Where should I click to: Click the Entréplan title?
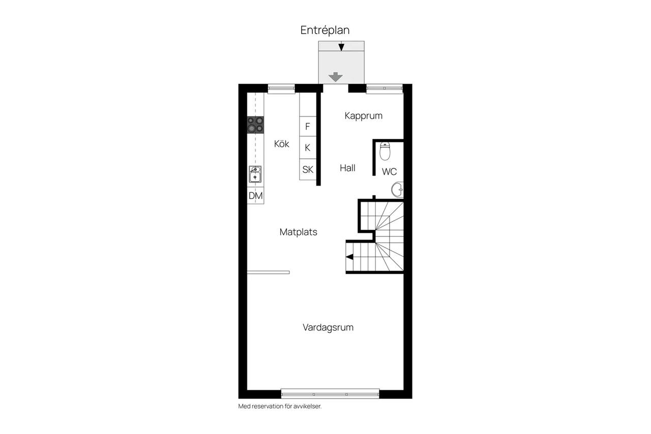[x=324, y=30]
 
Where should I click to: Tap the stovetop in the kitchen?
[x=255, y=125]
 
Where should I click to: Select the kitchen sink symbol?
[x=255, y=174]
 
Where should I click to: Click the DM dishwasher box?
[x=255, y=195]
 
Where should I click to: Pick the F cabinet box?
[x=308, y=126]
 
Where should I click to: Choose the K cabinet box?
[x=308, y=148]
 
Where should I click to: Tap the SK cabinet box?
[x=308, y=169]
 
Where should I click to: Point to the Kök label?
[x=282, y=143]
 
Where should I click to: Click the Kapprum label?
[x=363, y=115]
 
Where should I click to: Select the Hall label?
[x=347, y=168]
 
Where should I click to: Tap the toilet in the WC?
[x=385, y=151]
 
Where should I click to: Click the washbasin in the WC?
[x=398, y=190]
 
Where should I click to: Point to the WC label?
[x=389, y=171]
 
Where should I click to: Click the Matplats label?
[x=298, y=232]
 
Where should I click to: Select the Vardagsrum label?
[x=328, y=327]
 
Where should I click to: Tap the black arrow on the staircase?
[x=349, y=256]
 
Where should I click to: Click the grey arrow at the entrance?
[x=335, y=77]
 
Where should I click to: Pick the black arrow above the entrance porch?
[x=341, y=47]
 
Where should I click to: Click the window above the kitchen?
[x=281, y=89]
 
